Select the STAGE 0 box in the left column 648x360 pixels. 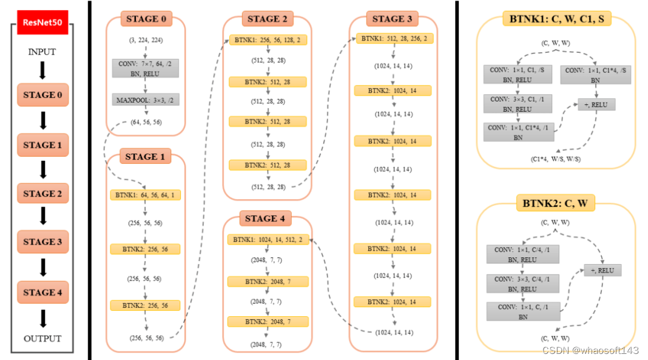(x=42, y=95)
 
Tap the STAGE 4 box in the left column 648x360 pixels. (x=42, y=292)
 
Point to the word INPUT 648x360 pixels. (x=42, y=52)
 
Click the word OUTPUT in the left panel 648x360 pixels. (x=42, y=339)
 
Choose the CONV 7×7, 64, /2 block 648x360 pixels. (x=145, y=67)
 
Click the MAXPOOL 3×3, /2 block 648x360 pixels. (x=145, y=99)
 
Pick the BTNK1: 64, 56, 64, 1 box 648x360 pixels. (x=145, y=195)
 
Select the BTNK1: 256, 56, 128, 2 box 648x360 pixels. (x=267, y=40)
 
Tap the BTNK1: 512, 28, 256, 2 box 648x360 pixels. (x=393, y=38)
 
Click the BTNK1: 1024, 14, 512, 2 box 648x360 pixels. (x=268, y=240)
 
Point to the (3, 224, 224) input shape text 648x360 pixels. (x=145, y=40)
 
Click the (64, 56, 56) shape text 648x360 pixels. (x=145, y=122)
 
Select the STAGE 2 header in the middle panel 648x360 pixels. (x=268, y=19)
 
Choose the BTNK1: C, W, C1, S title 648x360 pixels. (x=557, y=19)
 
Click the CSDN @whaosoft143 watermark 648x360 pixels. (x=590, y=350)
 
